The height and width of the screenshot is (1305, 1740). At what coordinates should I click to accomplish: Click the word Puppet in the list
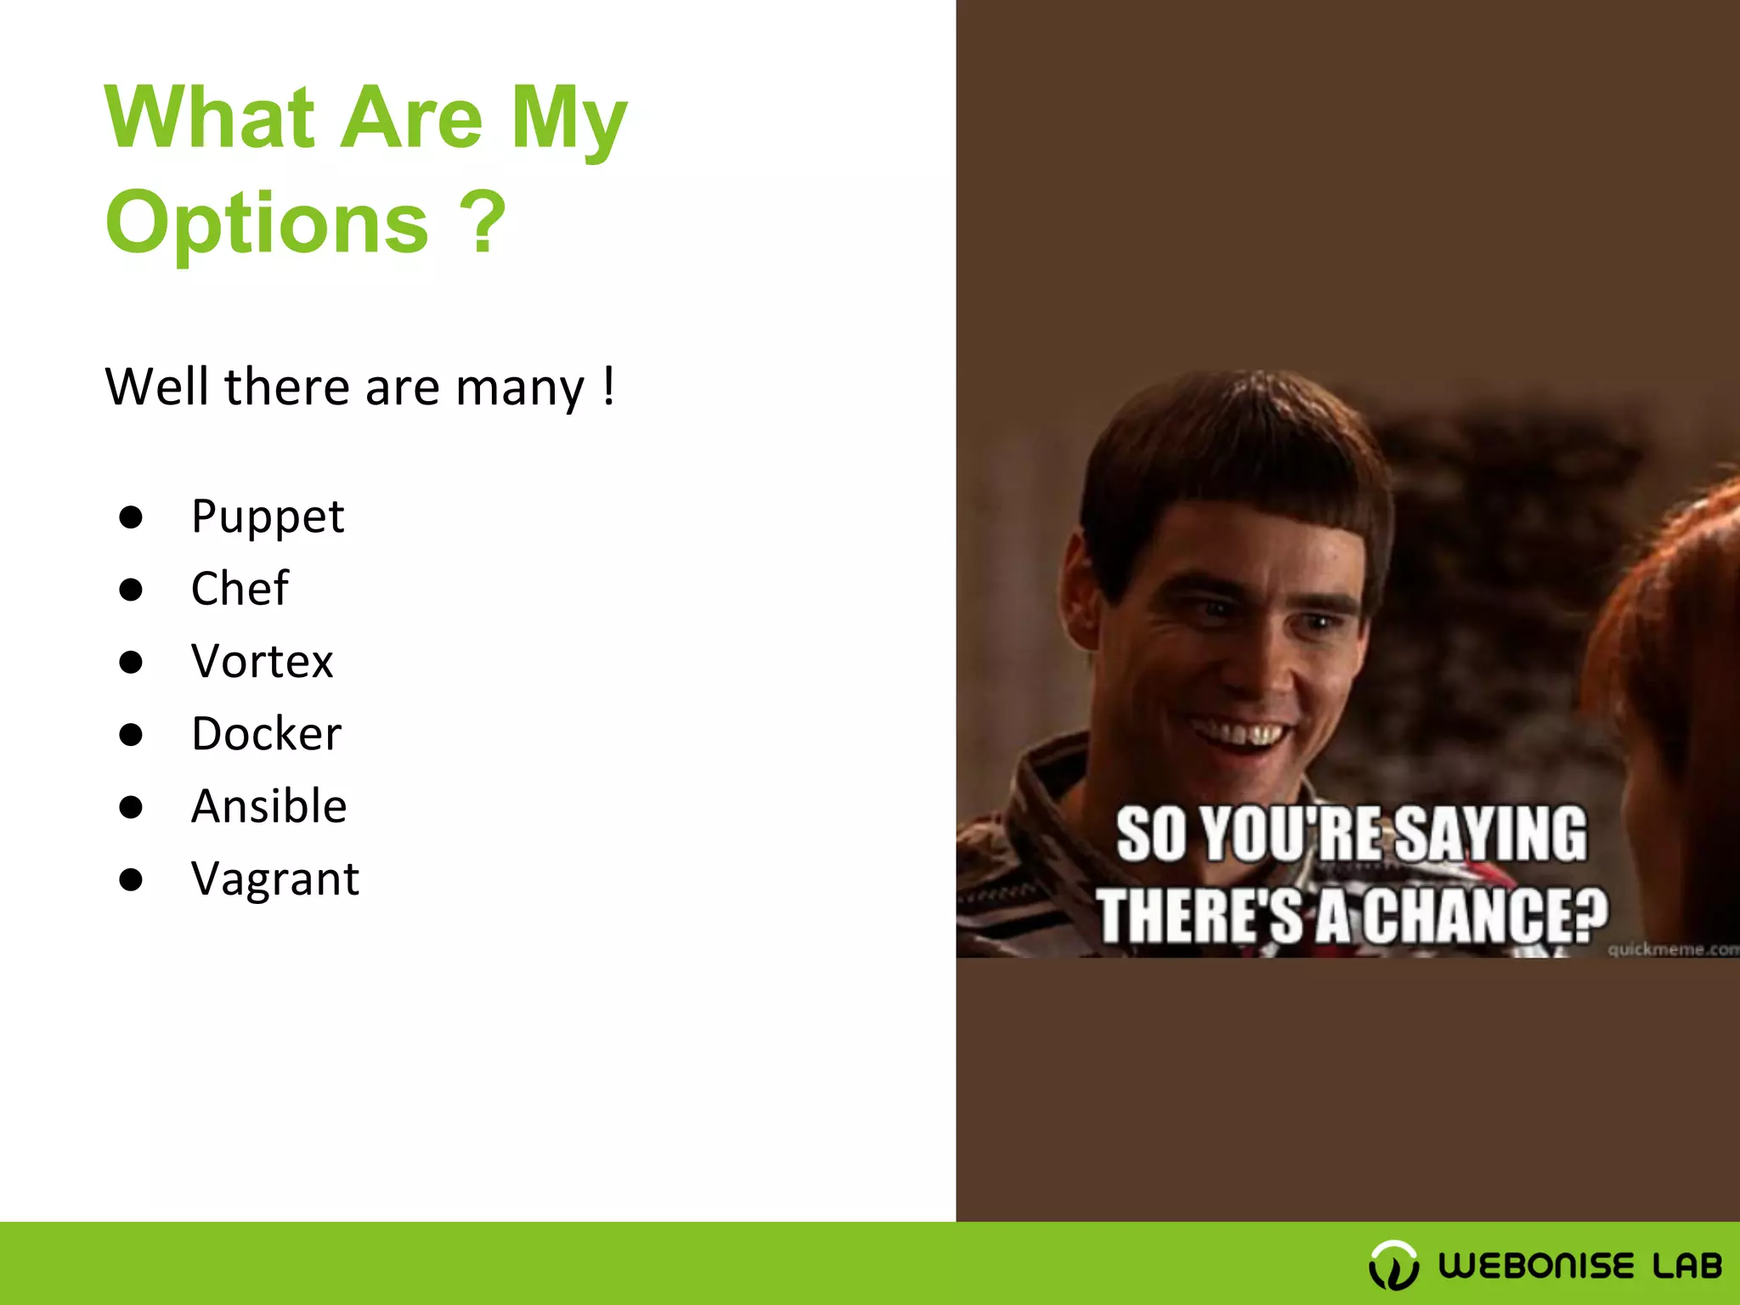[x=268, y=517]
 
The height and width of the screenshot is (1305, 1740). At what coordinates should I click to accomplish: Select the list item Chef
[x=240, y=588]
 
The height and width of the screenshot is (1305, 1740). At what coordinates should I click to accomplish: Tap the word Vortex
[x=262, y=661]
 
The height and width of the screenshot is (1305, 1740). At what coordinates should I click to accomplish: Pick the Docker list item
[x=266, y=733]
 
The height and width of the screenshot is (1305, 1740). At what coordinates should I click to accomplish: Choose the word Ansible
[x=268, y=805]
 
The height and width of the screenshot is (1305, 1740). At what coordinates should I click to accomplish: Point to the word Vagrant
[x=274, y=878]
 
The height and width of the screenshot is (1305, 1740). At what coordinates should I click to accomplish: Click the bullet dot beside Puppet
[x=131, y=517]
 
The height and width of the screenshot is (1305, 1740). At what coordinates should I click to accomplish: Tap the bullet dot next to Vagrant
[x=131, y=878]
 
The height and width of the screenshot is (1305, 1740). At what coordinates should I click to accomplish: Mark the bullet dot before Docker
[x=131, y=733]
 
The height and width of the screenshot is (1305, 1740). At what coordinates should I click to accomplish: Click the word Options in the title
[x=267, y=223]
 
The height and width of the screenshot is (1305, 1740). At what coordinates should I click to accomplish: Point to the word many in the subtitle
[x=519, y=387]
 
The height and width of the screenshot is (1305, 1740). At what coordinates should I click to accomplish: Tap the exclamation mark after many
[x=608, y=386]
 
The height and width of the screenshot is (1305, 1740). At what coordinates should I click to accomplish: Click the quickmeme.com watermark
[x=1672, y=949]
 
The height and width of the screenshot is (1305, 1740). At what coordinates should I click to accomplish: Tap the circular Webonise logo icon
[x=1393, y=1264]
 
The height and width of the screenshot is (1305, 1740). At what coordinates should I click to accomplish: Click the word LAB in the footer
[x=1686, y=1266]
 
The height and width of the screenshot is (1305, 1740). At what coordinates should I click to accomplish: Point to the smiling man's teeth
[x=1239, y=732]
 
